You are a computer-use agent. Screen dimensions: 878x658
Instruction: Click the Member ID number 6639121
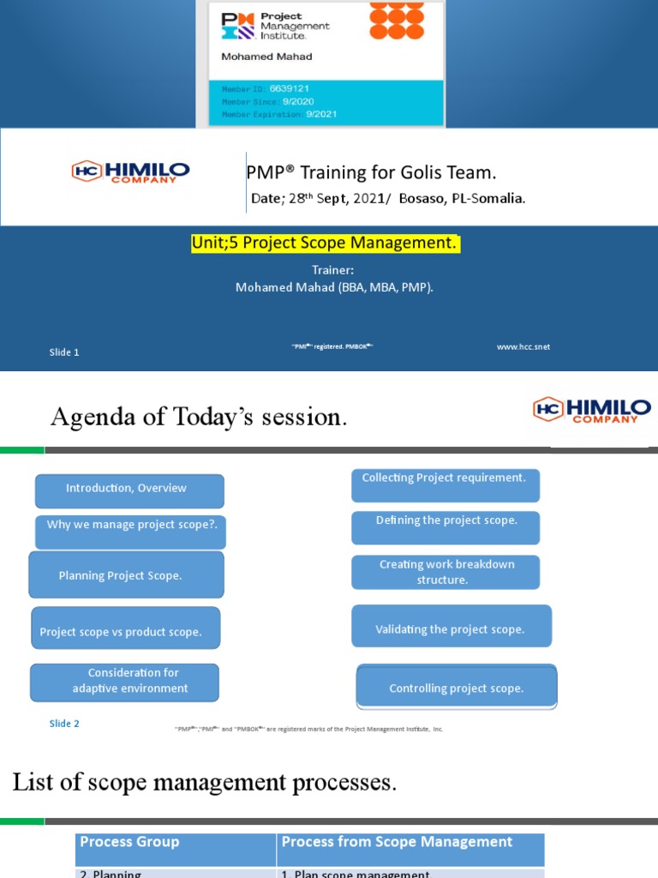pyautogui.click(x=289, y=88)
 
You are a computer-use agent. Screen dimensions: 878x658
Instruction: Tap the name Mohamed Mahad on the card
pyautogui.click(x=266, y=57)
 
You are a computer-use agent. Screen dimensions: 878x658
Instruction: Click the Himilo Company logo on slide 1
pyautogui.click(x=130, y=171)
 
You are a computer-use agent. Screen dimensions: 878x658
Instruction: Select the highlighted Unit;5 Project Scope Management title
pyautogui.click(x=326, y=244)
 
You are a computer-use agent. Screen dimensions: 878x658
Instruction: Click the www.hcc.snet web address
pyautogui.click(x=523, y=346)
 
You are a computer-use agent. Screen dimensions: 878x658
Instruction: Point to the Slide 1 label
pyautogui.click(x=64, y=352)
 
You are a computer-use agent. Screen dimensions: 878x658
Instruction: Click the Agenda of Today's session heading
pyautogui.click(x=199, y=417)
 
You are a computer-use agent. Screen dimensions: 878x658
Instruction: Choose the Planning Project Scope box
pyautogui.click(x=126, y=574)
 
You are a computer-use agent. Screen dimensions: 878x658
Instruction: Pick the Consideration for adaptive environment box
pyautogui.click(x=124, y=682)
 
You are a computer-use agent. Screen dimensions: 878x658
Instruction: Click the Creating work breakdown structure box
pyautogui.click(x=446, y=572)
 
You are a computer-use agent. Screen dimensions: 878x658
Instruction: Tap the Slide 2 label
pyautogui.click(x=64, y=724)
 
